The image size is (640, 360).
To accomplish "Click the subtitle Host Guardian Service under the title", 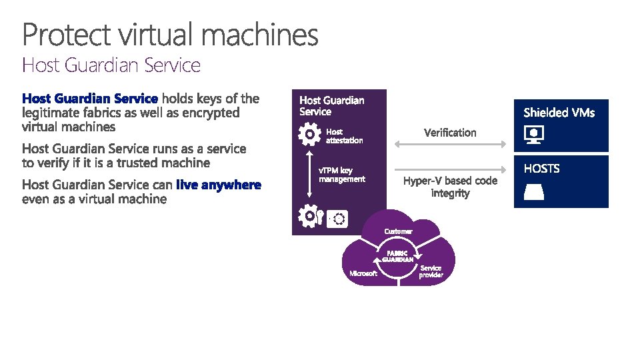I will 111,65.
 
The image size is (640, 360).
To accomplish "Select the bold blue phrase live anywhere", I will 218,185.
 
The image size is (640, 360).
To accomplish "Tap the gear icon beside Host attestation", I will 310,135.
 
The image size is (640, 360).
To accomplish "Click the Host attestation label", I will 344,136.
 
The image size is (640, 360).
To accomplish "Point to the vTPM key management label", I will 342,175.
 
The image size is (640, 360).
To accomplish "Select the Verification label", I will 450,133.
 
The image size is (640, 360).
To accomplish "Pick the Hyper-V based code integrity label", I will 450,187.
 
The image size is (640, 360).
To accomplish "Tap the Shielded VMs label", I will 559,113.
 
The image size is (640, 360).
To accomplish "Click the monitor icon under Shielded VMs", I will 535,135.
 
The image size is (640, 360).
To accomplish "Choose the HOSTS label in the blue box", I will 541,169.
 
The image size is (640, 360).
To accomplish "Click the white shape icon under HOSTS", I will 535,192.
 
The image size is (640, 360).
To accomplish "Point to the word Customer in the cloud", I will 398,231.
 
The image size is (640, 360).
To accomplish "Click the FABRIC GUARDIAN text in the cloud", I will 398,256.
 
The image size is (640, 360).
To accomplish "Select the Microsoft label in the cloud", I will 363,273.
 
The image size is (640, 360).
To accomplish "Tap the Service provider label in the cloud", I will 431,271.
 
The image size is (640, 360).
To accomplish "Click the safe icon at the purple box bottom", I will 339,218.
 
